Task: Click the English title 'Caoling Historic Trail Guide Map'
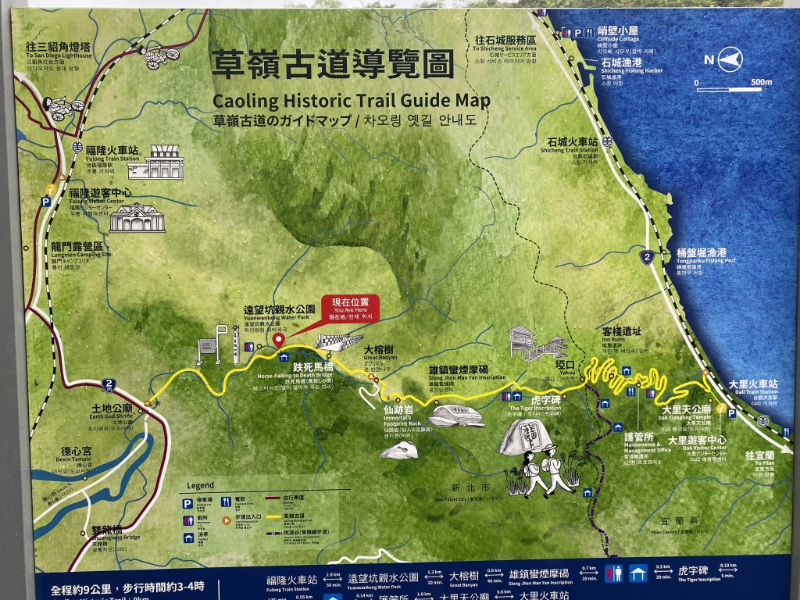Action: click(351, 101)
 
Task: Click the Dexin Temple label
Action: click(77, 456)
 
